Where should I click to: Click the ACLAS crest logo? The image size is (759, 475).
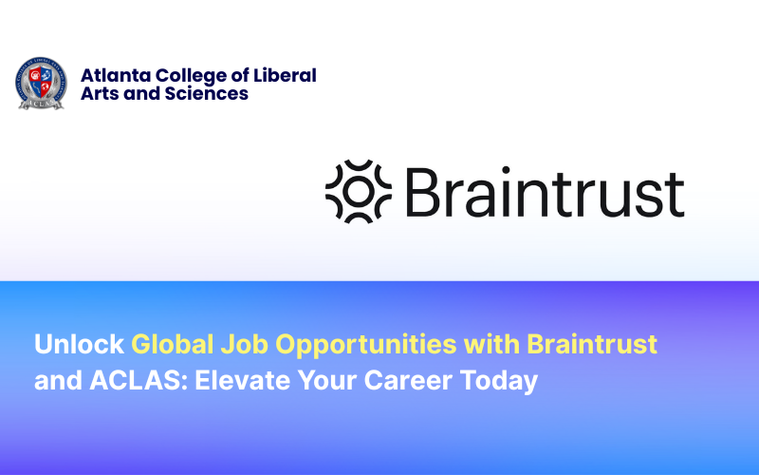click(41, 84)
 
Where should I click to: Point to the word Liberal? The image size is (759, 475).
click(286, 75)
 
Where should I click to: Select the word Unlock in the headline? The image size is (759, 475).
click(79, 344)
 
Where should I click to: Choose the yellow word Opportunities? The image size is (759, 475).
click(359, 345)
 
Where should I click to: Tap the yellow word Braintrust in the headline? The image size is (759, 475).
click(592, 344)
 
